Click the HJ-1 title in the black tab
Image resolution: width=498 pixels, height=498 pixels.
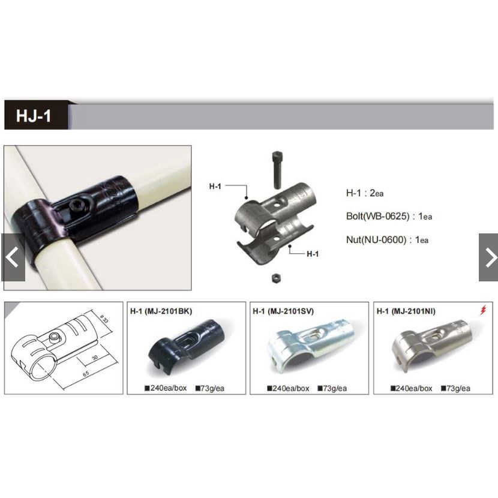click(34, 116)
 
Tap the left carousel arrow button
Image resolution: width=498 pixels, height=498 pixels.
click(13, 257)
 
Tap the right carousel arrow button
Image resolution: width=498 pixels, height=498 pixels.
click(488, 257)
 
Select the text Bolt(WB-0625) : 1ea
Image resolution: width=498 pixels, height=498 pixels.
click(389, 216)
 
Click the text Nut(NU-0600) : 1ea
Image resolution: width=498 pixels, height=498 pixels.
click(387, 240)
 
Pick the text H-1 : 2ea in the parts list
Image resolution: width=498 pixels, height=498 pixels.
click(364, 193)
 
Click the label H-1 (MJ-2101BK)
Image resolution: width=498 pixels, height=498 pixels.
click(161, 311)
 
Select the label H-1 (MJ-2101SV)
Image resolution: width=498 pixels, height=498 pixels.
click(283, 311)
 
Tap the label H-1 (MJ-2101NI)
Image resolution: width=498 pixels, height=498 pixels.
click(406, 311)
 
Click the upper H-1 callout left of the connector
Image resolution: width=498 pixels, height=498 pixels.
click(215, 187)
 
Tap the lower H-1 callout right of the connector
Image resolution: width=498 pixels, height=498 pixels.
click(312, 254)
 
